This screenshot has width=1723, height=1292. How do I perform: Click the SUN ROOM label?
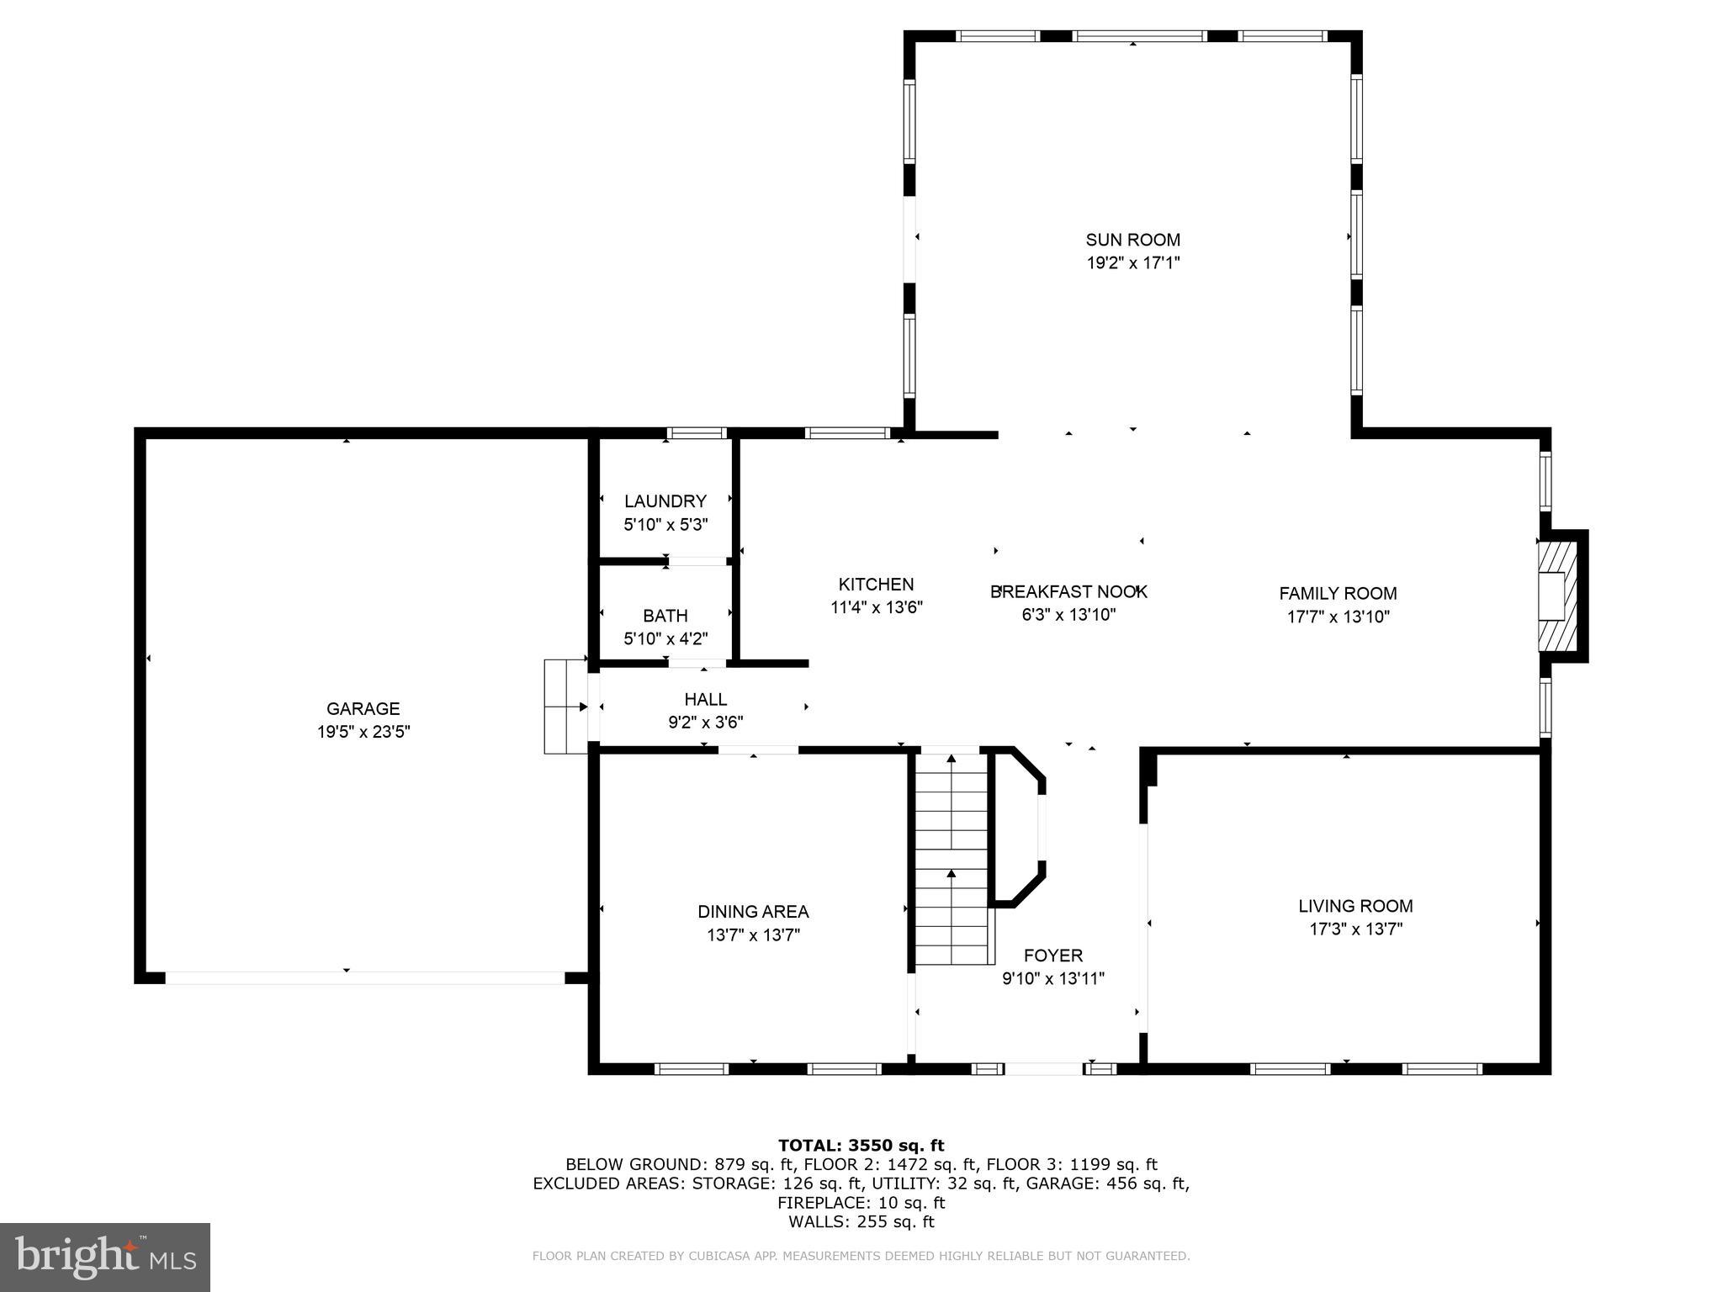pos(1132,240)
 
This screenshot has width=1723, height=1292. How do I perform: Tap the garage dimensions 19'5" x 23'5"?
pos(363,732)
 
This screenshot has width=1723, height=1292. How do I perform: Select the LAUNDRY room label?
pos(665,501)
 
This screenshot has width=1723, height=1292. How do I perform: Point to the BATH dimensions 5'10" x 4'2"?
pos(665,639)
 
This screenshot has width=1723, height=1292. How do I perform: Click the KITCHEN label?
pos(876,585)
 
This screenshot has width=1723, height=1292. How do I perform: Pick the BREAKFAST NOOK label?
pos(1068,591)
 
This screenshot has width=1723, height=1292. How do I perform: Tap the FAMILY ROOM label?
pos(1338,593)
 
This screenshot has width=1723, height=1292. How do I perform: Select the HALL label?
pos(705,699)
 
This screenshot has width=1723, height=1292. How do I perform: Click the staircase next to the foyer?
pos(951,858)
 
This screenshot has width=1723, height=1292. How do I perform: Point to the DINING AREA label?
pos(753,911)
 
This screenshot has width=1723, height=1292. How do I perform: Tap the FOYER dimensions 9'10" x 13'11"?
pos(1052,978)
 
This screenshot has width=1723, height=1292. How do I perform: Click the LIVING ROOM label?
pos(1355,906)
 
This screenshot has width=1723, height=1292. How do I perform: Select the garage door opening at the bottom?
pos(363,977)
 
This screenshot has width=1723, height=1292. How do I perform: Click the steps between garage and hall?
pos(565,707)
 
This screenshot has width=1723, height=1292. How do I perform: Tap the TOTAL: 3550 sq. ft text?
pos(861,1145)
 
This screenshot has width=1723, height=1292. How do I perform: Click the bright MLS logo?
pos(105,1257)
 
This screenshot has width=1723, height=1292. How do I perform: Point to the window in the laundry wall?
pos(697,433)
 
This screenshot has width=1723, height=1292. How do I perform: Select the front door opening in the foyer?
pos(1043,1069)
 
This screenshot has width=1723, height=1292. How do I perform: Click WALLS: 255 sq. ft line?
pos(861,1222)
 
